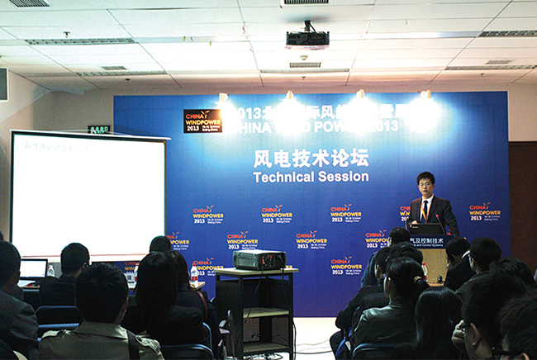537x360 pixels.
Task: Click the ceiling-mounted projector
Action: click(x=307, y=39)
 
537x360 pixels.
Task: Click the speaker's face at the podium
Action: click(x=426, y=183)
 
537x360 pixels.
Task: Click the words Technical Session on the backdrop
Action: click(x=310, y=177)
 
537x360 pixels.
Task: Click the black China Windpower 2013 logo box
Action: click(x=202, y=121)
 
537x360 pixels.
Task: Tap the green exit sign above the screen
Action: click(x=99, y=130)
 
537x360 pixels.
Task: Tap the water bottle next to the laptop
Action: click(x=50, y=271)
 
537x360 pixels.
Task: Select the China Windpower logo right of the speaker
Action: click(x=484, y=211)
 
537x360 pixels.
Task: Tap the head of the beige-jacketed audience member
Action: click(x=101, y=294)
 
